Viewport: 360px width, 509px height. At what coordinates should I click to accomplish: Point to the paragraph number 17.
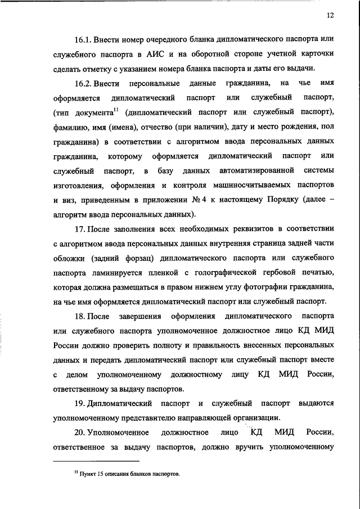79,229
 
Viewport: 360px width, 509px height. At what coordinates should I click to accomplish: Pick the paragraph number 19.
79,403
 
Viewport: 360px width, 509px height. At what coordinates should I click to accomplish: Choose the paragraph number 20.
79,433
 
